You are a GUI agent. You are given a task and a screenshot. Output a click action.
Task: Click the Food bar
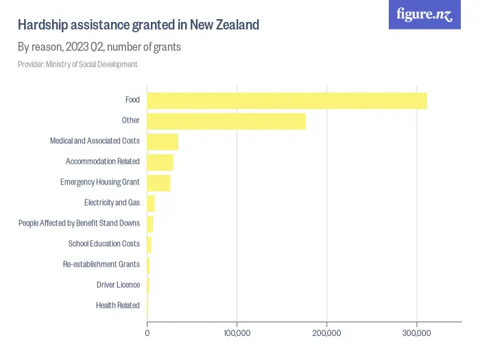click(287, 101)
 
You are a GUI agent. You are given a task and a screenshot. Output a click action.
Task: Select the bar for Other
click(226, 121)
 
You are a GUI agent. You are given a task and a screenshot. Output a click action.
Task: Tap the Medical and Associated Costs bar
click(163, 142)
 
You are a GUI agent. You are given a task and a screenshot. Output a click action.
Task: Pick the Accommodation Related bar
click(160, 163)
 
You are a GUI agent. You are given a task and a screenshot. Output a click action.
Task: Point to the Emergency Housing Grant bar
click(159, 183)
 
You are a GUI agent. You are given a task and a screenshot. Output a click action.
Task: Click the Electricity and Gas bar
click(151, 204)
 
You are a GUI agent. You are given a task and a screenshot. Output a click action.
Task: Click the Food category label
click(132, 100)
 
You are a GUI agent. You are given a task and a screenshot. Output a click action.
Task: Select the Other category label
click(130, 121)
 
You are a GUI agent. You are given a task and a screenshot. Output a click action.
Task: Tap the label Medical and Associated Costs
click(95, 141)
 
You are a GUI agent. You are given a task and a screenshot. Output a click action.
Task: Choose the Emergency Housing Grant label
click(99, 182)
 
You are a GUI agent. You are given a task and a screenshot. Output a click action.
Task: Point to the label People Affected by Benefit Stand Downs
click(79, 224)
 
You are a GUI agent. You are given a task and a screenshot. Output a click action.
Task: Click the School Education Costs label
click(104, 244)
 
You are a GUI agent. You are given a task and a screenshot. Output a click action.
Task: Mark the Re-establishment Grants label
click(101, 265)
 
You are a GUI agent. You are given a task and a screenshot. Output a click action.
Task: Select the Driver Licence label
click(118, 285)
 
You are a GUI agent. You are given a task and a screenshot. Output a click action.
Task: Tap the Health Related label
click(117, 306)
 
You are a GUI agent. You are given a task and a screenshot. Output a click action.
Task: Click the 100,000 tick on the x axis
click(237, 333)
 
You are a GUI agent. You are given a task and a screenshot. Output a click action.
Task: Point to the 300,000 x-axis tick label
click(416, 333)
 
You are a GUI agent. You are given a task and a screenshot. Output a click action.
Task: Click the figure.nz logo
click(424, 15)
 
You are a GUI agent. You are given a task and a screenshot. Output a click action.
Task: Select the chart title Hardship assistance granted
click(139, 25)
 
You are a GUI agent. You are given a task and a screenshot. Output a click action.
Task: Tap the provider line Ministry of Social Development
click(77, 64)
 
